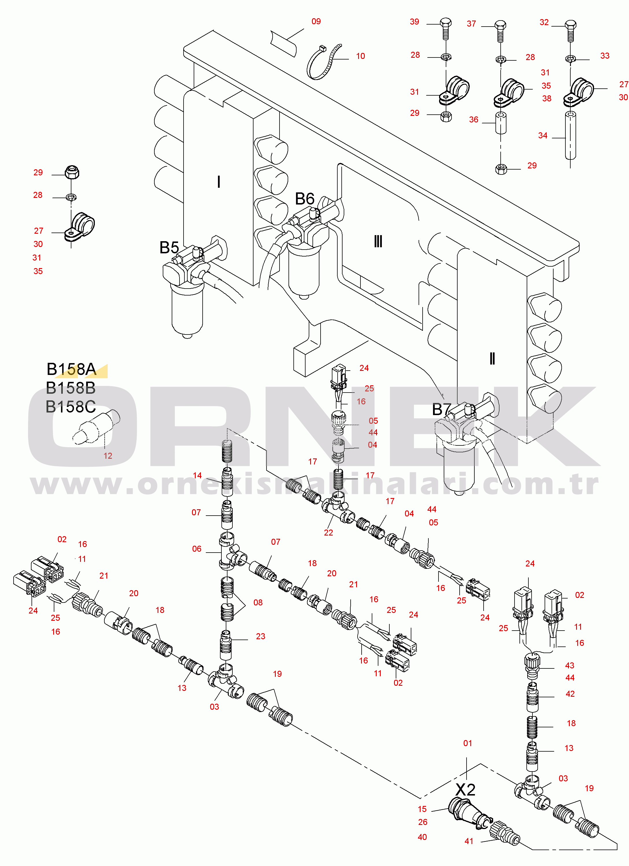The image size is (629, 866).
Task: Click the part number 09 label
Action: click(316, 21)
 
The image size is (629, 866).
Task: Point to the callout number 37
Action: click(471, 24)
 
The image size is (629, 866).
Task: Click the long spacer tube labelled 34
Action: click(570, 135)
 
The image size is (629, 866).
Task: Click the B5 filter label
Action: click(169, 248)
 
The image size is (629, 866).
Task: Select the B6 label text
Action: click(305, 198)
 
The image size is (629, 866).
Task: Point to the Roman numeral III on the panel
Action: click(378, 241)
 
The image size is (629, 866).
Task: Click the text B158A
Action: click(71, 369)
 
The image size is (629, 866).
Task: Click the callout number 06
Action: click(197, 549)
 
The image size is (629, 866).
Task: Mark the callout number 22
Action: click(328, 533)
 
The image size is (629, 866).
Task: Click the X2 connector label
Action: click(465, 789)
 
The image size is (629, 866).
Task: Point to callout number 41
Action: click(469, 841)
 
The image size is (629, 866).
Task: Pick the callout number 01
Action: click(467, 743)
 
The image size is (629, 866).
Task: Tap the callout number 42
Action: click(570, 694)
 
